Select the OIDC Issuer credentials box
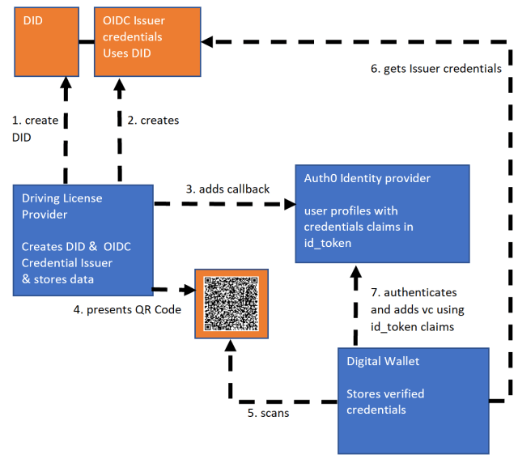[146, 40]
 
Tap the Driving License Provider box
[83, 239]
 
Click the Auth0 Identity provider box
[381, 212]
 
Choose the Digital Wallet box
[413, 401]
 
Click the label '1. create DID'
[35, 128]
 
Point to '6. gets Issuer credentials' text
[436, 69]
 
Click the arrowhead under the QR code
[231, 346]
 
